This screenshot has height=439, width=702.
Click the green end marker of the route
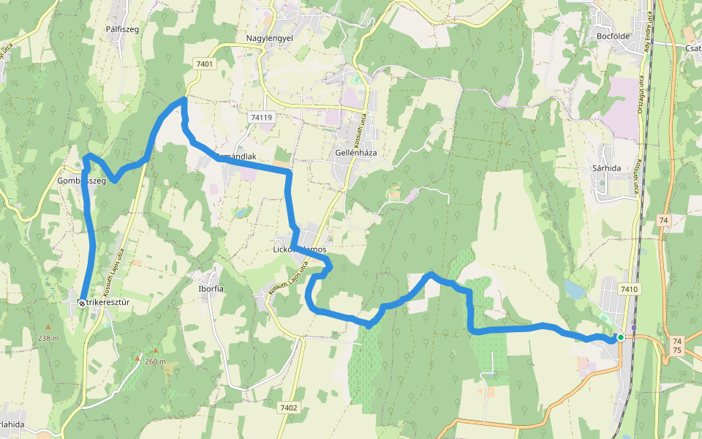click(x=620, y=337)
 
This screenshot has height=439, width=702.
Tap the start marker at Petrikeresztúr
click(x=81, y=301)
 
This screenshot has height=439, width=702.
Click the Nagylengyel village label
click(x=269, y=37)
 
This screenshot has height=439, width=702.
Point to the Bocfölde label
click(x=614, y=36)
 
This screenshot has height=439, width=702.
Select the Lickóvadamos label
click(x=299, y=249)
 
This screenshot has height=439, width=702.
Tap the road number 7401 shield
click(x=205, y=64)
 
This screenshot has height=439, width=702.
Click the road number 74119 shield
click(x=261, y=117)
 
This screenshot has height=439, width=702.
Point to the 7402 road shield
click(x=289, y=407)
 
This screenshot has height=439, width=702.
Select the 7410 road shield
click(x=629, y=290)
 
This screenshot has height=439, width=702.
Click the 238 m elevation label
click(x=49, y=338)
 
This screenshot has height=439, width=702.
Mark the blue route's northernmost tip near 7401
click(x=183, y=99)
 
